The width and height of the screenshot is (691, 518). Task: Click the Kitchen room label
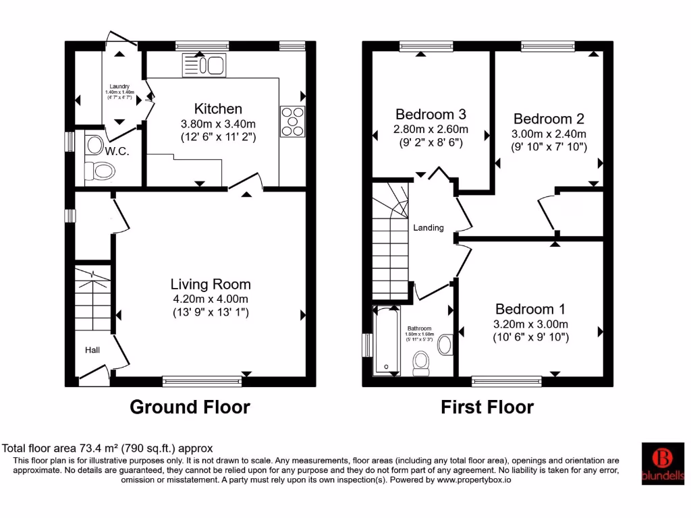click(218, 109)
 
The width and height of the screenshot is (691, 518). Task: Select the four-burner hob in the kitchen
click(292, 122)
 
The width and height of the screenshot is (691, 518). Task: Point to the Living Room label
click(210, 284)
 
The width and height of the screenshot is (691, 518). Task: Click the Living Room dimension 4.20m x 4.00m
click(210, 299)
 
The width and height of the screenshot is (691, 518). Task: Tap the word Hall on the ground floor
click(92, 350)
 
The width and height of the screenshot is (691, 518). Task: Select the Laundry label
click(119, 86)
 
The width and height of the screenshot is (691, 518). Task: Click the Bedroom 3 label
click(431, 114)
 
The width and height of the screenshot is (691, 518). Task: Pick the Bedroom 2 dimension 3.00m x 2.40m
click(549, 134)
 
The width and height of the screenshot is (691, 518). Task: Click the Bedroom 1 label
click(530, 309)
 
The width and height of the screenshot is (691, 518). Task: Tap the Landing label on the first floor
click(429, 227)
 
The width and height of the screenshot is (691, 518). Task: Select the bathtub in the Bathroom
click(387, 339)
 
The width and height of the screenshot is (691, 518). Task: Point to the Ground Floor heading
click(190, 407)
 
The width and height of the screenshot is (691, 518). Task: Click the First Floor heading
click(487, 407)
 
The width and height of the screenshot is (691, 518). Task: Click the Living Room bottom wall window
click(202, 382)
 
